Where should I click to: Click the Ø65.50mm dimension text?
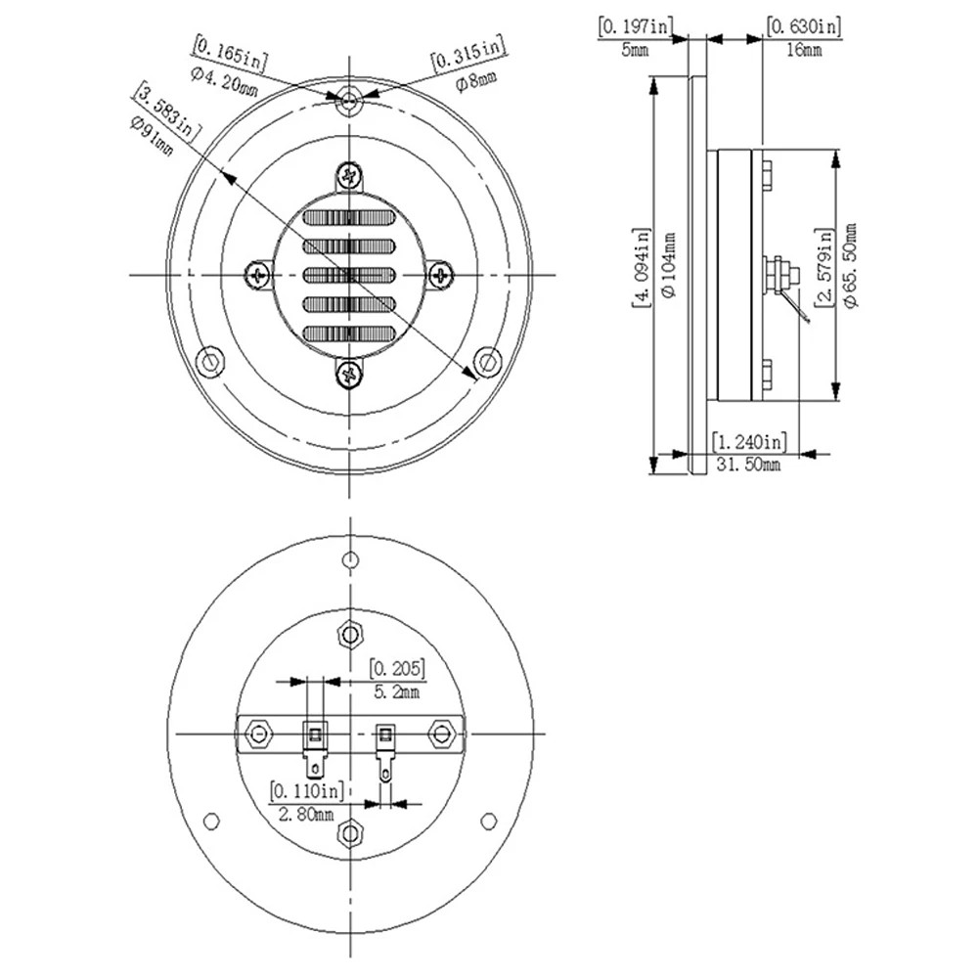pyautogui.click(x=850, y=266)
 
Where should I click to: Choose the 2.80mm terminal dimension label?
pyautogui.click(x=304, y=813)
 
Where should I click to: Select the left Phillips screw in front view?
pyautogui.click(x=259, y=275)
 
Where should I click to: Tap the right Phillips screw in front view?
pyautogui.click(x=439, y=275)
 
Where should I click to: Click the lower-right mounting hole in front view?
pyautogui.click(x=487, y=362)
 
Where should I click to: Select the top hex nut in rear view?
pyautogui.click(x=350, y=635)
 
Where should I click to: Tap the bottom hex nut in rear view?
pyautogui.click(x=350, y=832)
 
